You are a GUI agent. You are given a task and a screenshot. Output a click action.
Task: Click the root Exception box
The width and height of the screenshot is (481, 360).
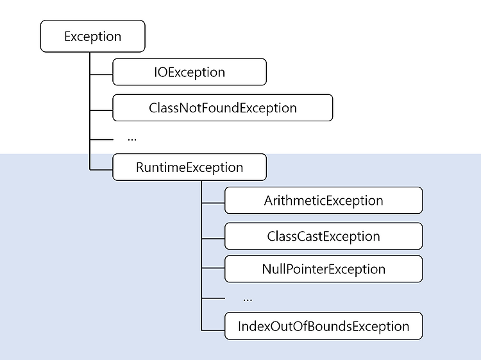pyautogui.click(x=92, y=36)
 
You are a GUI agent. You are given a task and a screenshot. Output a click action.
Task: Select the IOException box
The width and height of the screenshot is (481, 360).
pyautogui.click(x=190, y=72)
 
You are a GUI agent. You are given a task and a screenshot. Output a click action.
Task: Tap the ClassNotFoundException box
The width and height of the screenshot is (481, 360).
pyautogui.click(x=223, y=108)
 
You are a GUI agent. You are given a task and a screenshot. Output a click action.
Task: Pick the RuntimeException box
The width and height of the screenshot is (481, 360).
pyautogui.click(x=190, y=167)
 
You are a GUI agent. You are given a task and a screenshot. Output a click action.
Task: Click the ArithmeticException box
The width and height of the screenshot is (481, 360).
pyautogui.click(x=324, y=200)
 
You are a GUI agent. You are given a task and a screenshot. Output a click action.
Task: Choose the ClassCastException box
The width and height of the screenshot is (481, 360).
pyautogui.click(x=324, y=236)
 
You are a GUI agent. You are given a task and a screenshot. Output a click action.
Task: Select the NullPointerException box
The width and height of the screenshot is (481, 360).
pyautogui.click(x=324, y=269)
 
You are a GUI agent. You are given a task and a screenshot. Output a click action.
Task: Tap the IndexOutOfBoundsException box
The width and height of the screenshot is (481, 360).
pyautogui.click(x=324, y=326)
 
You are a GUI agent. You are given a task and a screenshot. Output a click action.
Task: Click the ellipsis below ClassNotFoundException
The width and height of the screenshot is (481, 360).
pyautogui.click(x=132, y=140)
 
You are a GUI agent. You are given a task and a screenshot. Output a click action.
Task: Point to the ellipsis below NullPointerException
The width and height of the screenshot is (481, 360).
pyautogui.click(x=248, y=300)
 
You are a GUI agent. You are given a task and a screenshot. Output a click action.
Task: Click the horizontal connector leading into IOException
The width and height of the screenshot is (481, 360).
pyautogui.click(x=101, y=74)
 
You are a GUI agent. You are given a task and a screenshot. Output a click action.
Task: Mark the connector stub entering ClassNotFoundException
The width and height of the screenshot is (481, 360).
pyautogui.click(x=101, y=110)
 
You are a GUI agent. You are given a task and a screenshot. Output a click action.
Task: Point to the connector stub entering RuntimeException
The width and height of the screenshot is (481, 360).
pyautogui.click(x=101, y=169)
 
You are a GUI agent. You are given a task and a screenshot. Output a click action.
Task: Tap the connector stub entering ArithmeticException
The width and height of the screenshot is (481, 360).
pyautogui.click(x=213, y=203)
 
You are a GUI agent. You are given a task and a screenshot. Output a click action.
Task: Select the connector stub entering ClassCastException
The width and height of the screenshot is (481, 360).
pyautogui.click(x=213, y=239)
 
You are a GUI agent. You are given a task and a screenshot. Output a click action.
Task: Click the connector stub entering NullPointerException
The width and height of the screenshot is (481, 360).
pyautogui.click(x=213, y=268)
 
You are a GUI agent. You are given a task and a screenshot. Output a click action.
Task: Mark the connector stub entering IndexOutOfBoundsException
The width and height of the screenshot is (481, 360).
pyautogui.click(x=213, y=330)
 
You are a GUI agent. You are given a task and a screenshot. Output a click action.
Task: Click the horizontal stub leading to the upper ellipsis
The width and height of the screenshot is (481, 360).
pyautogui.click(x=101, y=140)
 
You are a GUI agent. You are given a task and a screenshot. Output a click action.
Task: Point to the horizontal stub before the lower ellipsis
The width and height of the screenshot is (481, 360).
pyautogui.click(x=213, y=298)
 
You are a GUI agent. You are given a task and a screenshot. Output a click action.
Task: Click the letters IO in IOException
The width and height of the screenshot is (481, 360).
pyautogui.click(x=160, y=72)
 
